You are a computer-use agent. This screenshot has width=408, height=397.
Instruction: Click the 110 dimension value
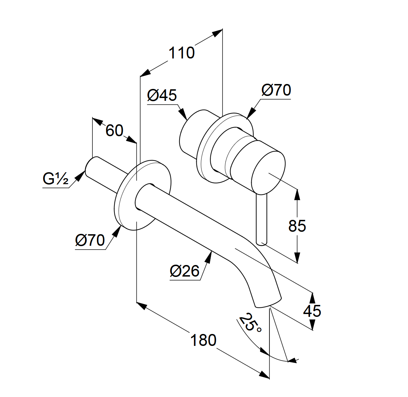[x=181, y=53]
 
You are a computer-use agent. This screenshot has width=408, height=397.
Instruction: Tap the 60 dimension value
[x=114, y=131]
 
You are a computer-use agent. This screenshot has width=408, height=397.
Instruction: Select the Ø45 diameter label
[x=162, y=95]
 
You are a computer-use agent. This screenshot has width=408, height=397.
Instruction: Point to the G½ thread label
[x=55, y=179]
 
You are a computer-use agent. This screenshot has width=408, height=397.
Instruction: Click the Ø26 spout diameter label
[x=184, y=271]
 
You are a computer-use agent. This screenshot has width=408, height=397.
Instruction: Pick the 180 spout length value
[x=203, y=340]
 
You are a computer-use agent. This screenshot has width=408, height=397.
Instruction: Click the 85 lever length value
[x=297, y=226]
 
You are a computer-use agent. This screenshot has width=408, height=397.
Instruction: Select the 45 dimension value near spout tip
[x=312, y=311]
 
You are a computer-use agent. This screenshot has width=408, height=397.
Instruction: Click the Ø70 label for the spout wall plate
[x=90, y=240]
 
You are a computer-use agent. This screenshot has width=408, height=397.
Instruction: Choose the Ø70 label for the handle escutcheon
[x=276, y=90]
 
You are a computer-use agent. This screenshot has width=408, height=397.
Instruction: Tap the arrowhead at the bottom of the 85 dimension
[x=297, y=258]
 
